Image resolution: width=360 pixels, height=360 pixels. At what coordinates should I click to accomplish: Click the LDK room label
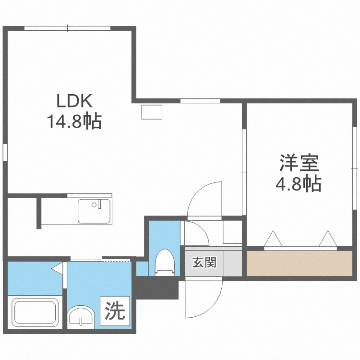pyautogui.click(x=74, y=101)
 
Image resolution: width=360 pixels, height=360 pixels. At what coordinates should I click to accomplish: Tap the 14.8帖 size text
pyautogui.click(x=74, y=121)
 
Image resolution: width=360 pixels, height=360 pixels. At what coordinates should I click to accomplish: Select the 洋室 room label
pyautogui.click(x=299, y=163)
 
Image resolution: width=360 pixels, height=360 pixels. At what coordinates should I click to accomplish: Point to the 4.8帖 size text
pyautogui.click(x=298, y=183)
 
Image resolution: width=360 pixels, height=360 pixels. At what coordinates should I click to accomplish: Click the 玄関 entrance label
pyautogui.click(x=204, y=262)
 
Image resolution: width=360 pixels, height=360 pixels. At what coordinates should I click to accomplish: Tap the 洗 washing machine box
pyautogui.click(x=115, y=311)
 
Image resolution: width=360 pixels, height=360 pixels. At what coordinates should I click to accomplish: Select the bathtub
pyautogui.click(x=36, y=312)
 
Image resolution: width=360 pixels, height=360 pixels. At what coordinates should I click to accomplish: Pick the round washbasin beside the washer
pyautogui.click(x=81, y=317)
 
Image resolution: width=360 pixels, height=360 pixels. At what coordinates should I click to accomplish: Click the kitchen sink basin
pyautogui.click(x=94, y=211)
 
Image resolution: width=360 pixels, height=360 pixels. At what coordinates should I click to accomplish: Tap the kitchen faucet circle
pyautogui.click(x=94, y=205)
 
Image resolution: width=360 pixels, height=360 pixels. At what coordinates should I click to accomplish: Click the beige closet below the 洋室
pyautogui.click(x=300, y=264)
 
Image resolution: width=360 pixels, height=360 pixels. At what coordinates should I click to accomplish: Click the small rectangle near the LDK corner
pyautogui.click(x=152, y=112)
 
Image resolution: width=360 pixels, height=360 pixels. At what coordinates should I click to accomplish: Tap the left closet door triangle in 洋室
pyautogui.click(x=273, y=239)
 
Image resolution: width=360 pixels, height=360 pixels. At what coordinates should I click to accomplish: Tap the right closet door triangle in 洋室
pyautogui.click(x=328, y=239)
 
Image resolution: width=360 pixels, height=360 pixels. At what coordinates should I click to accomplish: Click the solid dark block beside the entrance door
pyautogui.click(x=156, y=288)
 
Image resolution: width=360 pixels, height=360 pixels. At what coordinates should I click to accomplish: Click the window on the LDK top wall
pyautogui.click(x=68, y=28)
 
